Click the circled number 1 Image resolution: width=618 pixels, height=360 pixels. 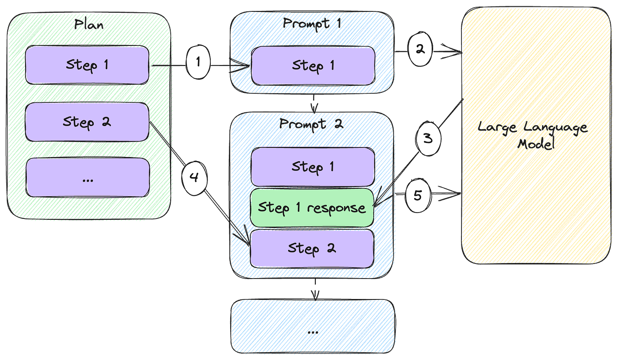point(198,62)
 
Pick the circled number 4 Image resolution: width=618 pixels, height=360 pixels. point(194,177)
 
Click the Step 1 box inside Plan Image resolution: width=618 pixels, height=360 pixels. point(87,65)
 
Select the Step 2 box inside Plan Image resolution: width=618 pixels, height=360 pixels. point(87,122)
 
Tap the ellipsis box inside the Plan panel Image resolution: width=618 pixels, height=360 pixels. point(87,178)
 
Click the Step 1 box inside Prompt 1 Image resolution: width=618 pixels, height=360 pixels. point(313,66)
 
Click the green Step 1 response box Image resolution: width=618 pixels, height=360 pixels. point(312,208)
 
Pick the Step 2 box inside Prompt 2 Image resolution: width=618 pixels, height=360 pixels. point(312,248)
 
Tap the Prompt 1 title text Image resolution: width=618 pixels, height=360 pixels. point(312,23)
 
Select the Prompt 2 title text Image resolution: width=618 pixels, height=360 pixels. point(311,124)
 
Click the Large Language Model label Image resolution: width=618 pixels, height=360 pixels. point(532,135)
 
